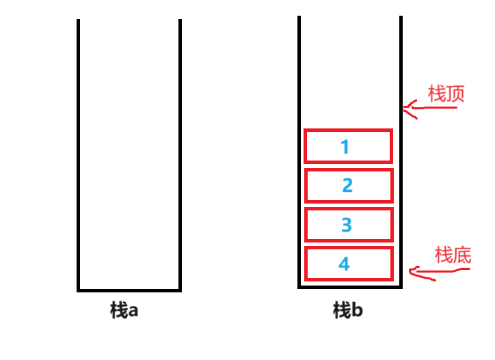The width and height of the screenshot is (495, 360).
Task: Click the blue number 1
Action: coord(345,147)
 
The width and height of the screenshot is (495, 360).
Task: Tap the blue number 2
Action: coord(347,185)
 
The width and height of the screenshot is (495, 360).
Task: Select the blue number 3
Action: coord(347,225)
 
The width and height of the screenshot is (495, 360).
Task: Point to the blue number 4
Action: coord(344,264)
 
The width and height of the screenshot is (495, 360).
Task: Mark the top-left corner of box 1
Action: coord(306,130)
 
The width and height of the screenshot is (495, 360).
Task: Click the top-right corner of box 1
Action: coord(392,130)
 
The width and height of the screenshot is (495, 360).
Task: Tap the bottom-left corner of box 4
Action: coord(306,279)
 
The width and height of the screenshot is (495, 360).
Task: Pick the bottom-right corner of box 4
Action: coord(392,279)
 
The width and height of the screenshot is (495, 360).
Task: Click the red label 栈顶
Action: coord(446,94)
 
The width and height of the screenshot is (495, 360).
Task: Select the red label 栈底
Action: coord(453,255)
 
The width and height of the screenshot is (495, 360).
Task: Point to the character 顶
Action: coord(456,94)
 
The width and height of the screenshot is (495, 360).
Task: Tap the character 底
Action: coord(463,255)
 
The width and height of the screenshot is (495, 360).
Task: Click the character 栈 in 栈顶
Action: coord(437,94)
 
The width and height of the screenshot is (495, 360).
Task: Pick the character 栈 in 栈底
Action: coord(444,255)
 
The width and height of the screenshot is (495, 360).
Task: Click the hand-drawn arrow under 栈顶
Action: coord(431,107)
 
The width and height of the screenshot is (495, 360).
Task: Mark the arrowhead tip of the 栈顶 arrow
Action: coord(404,107)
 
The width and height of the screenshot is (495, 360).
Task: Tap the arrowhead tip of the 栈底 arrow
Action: coord(410,272)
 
